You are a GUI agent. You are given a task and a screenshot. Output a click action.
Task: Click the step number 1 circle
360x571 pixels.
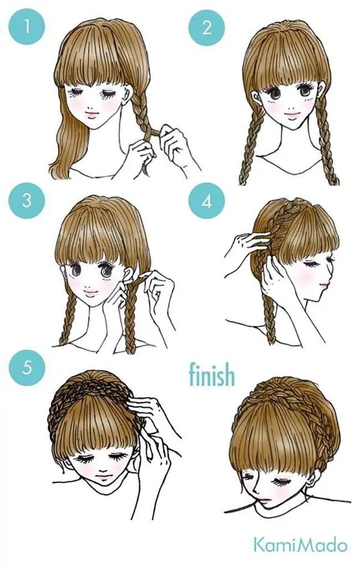click(27, 27)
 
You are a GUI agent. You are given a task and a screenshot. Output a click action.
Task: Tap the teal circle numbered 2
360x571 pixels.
click(207, 27)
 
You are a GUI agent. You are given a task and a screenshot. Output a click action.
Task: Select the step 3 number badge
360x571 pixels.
click(27, 200)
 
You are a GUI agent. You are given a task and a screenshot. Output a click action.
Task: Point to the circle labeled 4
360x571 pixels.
click(207, 200)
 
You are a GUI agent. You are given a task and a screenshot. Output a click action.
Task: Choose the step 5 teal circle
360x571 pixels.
click(27, 368)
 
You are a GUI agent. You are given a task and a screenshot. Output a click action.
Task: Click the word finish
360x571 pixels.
click(212, 374)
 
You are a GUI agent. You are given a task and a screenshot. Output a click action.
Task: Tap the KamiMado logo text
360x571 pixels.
click(300, 546)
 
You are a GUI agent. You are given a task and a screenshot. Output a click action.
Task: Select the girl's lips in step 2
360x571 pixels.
click(290, 116)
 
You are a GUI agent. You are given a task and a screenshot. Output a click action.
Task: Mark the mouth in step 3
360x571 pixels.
click(92, 292)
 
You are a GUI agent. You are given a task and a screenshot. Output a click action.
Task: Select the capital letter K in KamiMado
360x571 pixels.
click(259, 546)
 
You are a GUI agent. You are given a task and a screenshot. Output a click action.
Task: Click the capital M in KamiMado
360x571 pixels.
click(302, 546)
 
